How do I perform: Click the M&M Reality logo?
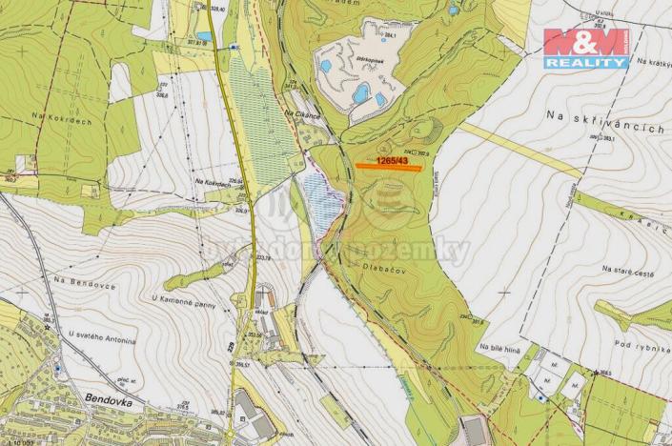[586, 48]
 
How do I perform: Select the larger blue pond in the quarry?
[361, 93]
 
